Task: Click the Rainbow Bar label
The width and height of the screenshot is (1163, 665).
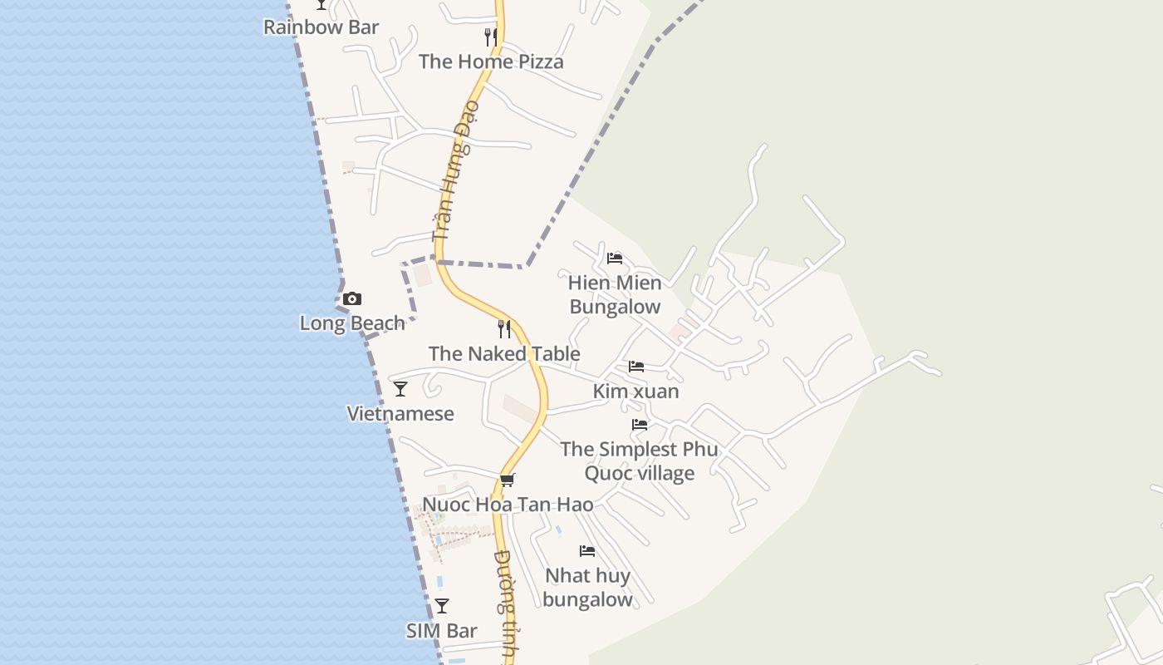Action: coord(321,27)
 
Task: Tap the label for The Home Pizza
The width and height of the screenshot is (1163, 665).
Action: coord(491,62)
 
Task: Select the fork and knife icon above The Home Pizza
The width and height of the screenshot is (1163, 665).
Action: coord(491,37)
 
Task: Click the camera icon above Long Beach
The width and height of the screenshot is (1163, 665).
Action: coord(352,298)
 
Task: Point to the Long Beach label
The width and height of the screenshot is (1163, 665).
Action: coord(352,323)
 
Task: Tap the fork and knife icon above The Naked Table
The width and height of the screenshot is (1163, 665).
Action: coord(504,328)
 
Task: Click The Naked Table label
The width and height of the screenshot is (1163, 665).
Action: coord(504,354)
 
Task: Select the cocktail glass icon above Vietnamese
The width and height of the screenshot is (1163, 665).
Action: coord(400,388)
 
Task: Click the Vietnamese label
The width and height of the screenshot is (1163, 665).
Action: coord(400,414)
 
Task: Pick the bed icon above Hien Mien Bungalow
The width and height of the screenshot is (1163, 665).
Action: coord(615,259)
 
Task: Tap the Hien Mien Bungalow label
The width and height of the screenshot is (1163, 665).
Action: coord(615,295)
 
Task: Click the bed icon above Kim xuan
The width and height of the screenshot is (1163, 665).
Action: coord(636,366)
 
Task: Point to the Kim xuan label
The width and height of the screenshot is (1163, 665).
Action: coord(636,392)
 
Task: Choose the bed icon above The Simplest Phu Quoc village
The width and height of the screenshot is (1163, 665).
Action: coord(639,424)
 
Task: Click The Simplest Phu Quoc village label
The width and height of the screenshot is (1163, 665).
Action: coord(639,461)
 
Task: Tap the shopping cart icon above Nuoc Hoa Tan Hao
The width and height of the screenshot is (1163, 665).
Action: coord(508,480)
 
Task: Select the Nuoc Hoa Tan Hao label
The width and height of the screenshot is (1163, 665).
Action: coord(508,505)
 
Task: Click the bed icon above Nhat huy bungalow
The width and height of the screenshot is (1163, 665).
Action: coord(587,550)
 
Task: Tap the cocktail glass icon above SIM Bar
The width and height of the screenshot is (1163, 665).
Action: coord(442,606)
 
